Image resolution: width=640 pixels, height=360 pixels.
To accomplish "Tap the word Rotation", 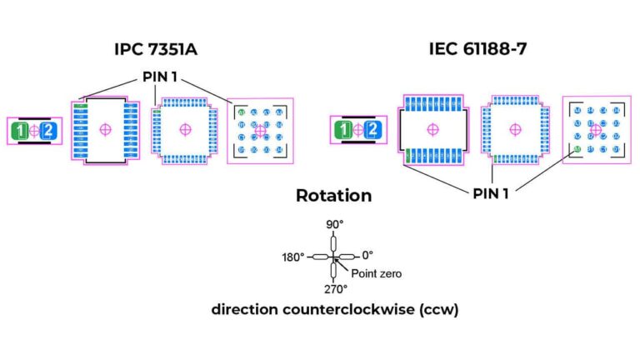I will pos(333,196).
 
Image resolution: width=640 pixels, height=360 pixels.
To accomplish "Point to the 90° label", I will pos(333,225).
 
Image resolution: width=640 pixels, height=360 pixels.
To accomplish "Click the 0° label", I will pos(367,255).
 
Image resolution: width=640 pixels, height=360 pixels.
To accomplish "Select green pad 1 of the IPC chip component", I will pos(20,130).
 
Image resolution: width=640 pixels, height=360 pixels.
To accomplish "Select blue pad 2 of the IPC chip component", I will pos(49,130).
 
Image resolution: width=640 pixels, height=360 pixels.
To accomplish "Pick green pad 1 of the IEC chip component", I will pos(342,130).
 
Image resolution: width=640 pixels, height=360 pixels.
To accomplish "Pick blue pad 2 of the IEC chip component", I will pos(372,130).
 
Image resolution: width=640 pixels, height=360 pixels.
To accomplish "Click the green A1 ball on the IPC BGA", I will pos(242,112).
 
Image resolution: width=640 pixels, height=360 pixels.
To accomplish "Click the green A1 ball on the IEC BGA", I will pos(577,150).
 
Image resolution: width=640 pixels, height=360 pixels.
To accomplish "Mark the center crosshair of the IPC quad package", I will pos(184,129).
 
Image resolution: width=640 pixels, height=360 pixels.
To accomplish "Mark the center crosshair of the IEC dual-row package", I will pos(432,129).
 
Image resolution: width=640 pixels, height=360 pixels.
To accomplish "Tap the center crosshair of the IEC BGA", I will pos(595,129).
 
